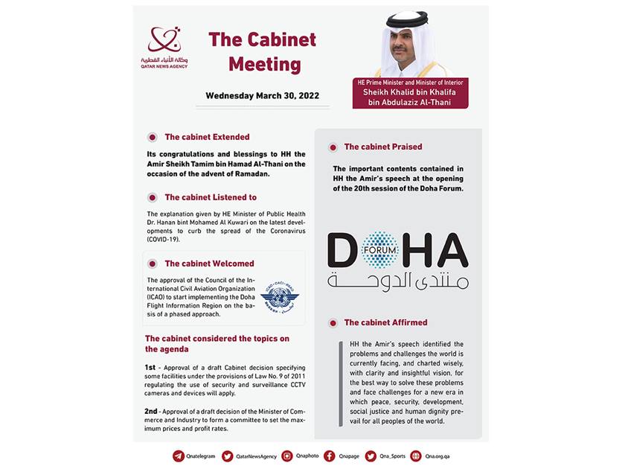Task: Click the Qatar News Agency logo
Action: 164,46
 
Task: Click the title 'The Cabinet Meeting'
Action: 262,52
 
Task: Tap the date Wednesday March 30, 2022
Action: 262,96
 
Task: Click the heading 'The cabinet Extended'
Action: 207,137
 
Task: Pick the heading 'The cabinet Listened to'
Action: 211,197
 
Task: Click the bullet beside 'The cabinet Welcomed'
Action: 153,264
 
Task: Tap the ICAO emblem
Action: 280,294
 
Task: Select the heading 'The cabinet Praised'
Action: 382,147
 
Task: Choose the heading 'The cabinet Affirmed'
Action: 385,322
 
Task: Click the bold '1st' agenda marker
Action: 151,368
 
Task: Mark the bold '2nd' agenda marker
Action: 152,410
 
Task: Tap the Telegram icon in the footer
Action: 179,456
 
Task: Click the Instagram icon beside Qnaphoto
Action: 287,456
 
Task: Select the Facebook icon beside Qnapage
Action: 329,456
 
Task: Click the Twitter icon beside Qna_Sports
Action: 371,456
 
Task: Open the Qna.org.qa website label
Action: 435,456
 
